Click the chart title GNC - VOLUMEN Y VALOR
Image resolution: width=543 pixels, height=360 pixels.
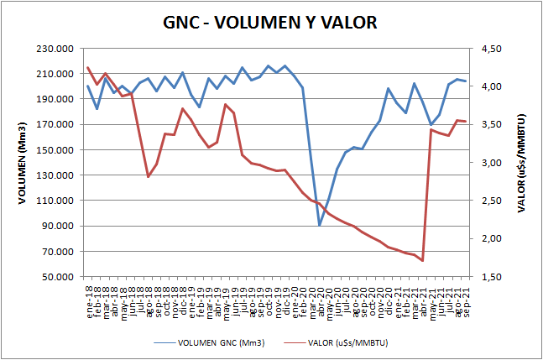click(270, 22)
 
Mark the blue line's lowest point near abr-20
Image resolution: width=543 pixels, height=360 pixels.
click(320, 225)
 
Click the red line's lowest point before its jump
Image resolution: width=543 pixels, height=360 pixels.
click(422, 261)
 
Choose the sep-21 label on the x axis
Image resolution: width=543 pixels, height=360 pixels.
click(464, 298)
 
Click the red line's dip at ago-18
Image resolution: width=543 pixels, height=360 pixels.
click(149, 176)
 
